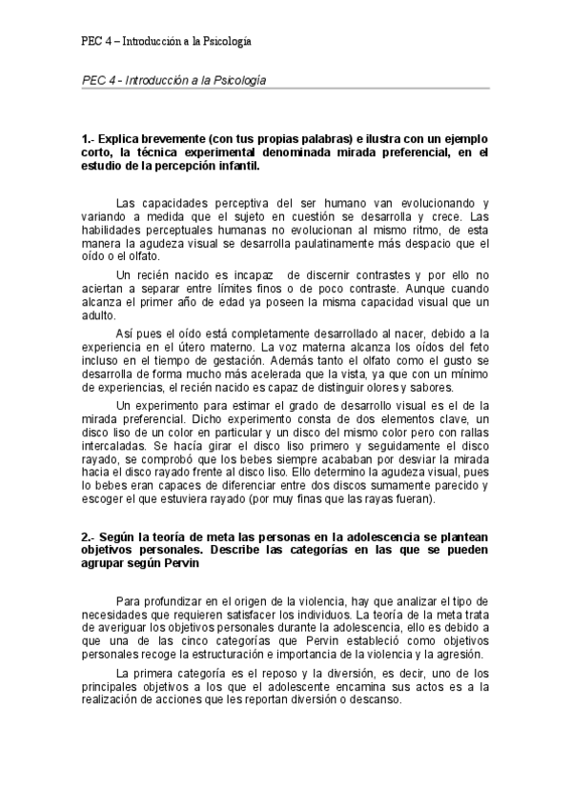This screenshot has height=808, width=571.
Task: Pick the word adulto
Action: [98, 315]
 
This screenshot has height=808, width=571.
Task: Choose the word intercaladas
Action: [113, 445]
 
